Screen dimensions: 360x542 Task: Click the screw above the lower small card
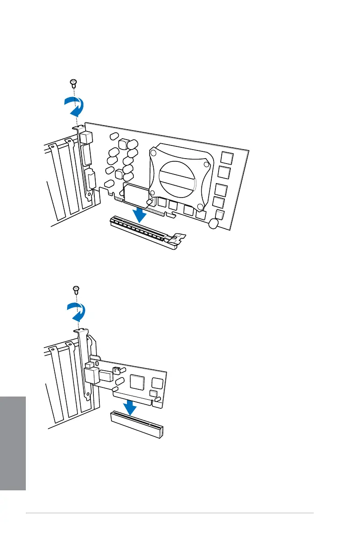point(76,289)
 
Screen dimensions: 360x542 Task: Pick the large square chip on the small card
point(137,383)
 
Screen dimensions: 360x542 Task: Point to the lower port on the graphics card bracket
point(91,179)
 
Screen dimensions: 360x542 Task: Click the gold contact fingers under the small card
point(131,397)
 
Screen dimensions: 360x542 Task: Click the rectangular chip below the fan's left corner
point(136,194)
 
